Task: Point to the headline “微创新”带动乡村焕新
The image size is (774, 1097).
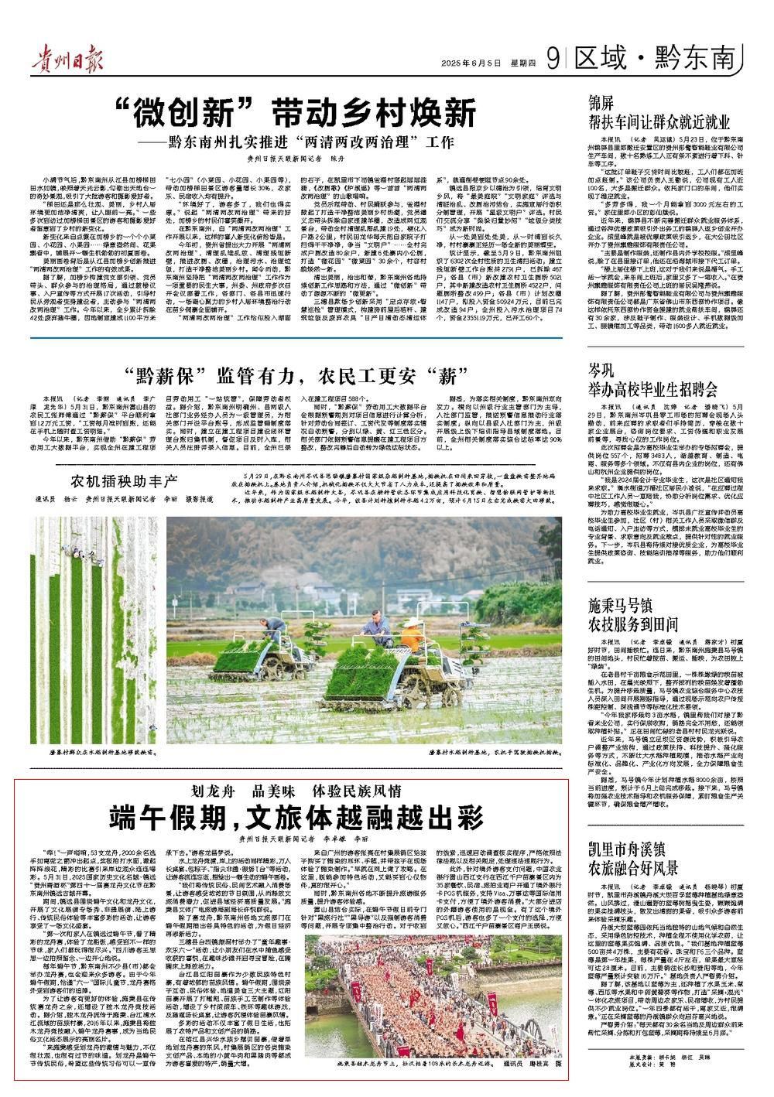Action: [x=293, y=114]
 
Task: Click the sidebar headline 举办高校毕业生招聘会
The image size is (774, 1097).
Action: [x=653, y=388]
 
